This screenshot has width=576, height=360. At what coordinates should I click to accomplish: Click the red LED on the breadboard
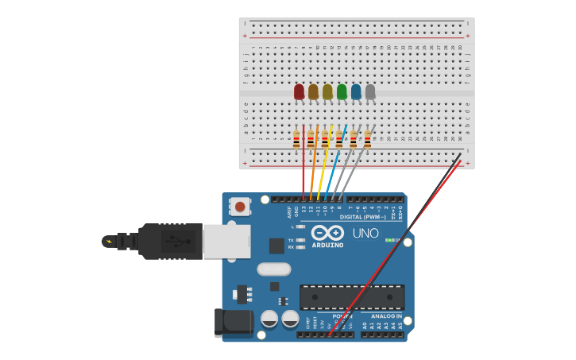[x=299, y=92]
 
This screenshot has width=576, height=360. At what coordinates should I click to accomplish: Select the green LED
[x=342, y=92]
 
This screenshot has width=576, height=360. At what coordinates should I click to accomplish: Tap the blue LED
[x=356, y=92]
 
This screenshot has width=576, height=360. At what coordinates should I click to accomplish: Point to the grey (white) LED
[x=370, y=92]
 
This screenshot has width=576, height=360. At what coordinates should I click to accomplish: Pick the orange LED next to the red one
[x=313, y=92]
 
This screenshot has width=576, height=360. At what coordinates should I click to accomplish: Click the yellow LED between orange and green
[x=327, y=92]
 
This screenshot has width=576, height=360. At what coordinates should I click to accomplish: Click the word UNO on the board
[x=365, y=234]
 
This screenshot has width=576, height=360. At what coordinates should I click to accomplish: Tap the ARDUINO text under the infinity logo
[x=328, y=245]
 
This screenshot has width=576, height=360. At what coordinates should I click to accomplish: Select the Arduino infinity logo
[x=327, y=233]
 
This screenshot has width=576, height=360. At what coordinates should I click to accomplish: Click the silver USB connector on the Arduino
[x=226, y=241]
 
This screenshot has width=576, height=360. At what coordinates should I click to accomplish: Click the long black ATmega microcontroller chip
[x=351, y=296]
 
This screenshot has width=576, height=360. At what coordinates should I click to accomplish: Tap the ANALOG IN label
[x=386, y=316]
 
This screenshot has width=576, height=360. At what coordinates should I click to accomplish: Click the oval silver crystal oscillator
[x=273, y=269]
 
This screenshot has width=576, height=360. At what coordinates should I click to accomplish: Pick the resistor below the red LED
[x=296, y=140]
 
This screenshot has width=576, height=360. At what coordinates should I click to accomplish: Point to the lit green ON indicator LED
[x=389, y=240]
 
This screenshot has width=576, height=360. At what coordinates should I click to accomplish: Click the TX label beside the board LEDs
[x=291, y=239]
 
